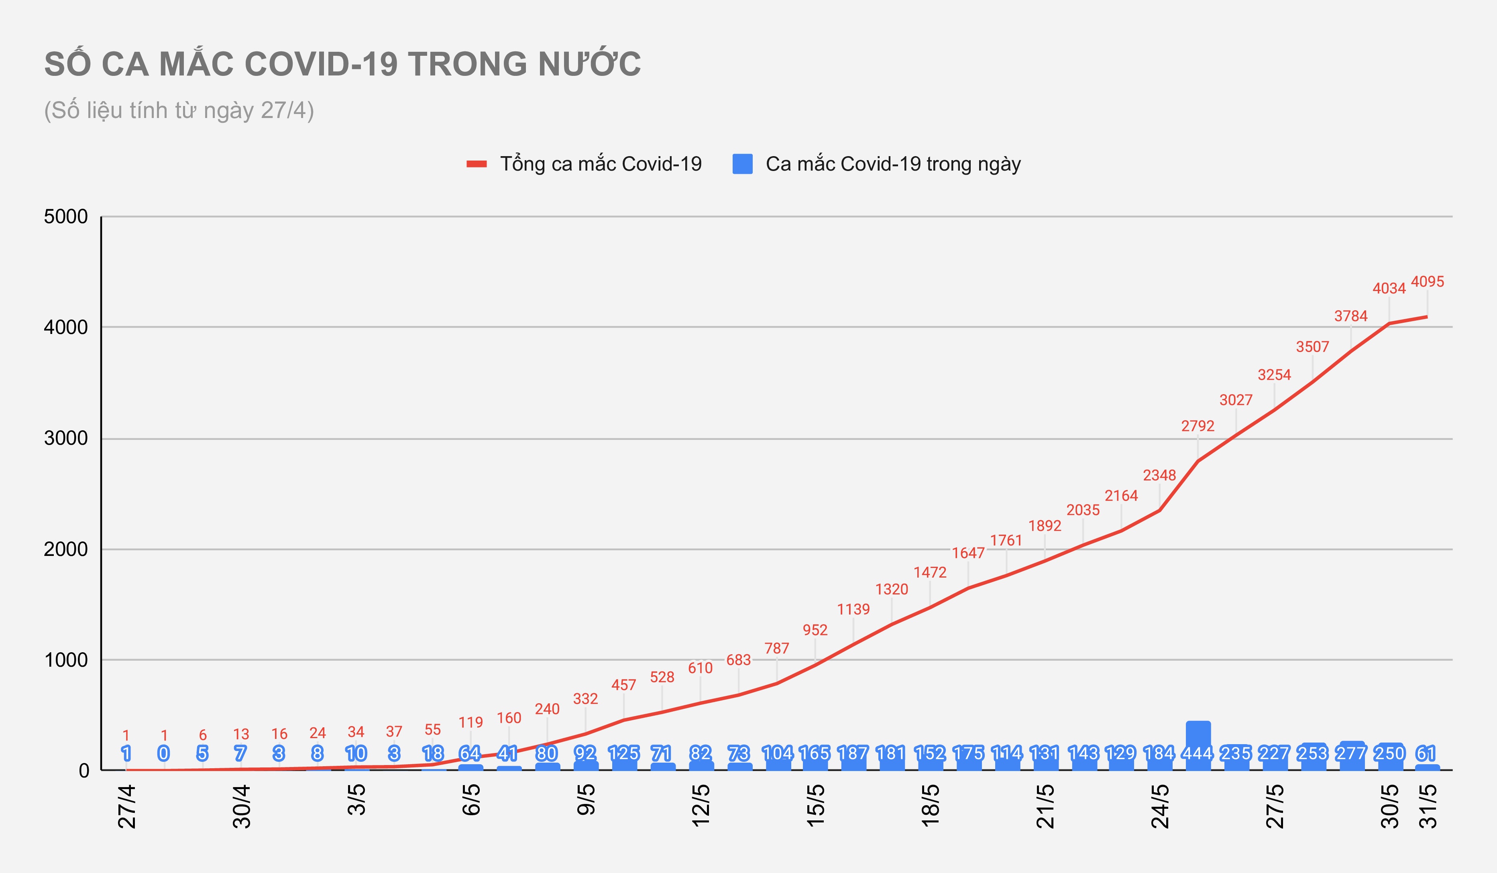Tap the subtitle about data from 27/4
click(179, 110)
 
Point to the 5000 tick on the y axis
click(66, 217)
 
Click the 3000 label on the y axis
click(66, 438)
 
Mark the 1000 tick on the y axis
click(66, 660)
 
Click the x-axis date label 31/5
click(1428, 806)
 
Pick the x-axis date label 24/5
click(1159, 806)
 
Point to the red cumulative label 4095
click(1427, 281)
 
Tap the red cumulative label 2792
click(1198, 426)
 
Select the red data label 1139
click(853, 609)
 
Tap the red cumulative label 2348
click(1159, 475)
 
